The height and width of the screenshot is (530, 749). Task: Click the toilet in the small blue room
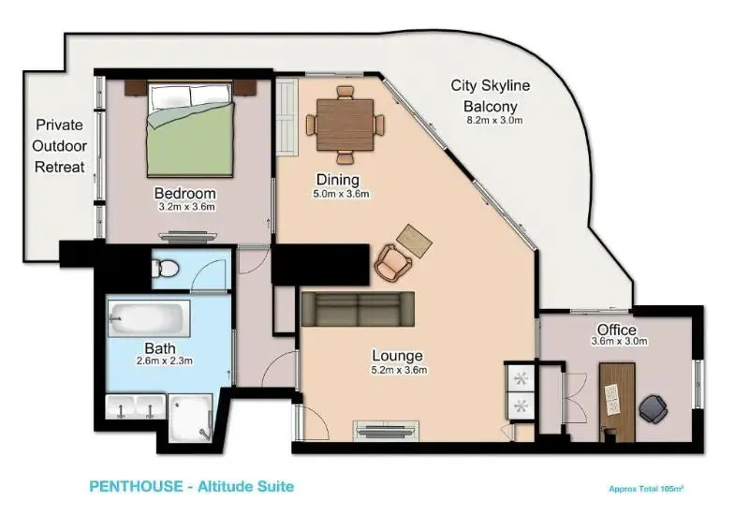[165, 268]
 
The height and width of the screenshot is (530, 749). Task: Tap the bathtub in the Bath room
[149, 317]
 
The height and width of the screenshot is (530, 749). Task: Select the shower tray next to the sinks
[191, 419]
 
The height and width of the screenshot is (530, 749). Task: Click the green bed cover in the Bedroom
[191, 140]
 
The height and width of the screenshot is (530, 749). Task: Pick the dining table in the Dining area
[345, 125]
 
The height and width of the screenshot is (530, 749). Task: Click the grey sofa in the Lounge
[358, 309]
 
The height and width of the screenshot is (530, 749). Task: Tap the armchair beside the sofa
[393, 262]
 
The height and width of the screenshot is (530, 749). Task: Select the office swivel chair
[653, 408]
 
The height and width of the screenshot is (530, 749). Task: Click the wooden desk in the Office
[617, 403]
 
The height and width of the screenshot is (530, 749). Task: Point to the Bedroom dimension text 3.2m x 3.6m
[186, 208]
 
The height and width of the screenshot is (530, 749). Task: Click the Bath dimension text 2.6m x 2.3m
[165, 361]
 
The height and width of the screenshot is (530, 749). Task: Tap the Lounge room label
[397, 356]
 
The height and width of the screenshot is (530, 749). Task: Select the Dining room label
[338, 180]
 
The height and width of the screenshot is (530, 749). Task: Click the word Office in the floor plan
[617, 330]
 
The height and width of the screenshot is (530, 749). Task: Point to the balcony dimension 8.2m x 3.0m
[494, 121]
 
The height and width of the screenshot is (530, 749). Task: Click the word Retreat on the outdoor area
[60, 168]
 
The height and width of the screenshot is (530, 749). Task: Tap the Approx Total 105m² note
[646, 489]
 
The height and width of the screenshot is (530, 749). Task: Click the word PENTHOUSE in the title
[136, 487]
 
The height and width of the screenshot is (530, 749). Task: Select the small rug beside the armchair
[414, 241]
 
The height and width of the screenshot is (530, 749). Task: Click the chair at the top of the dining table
[345, 93]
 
